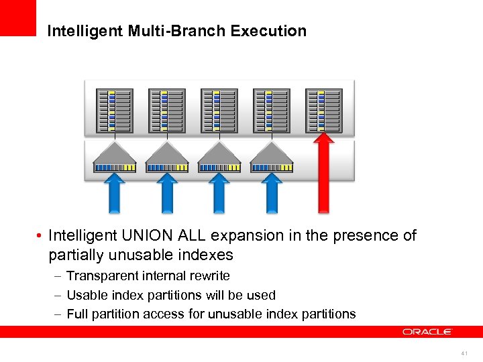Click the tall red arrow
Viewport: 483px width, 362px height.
(x=323, y=174)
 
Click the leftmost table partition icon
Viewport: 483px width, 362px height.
(x=111, y=111)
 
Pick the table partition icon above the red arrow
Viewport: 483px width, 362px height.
(x=323, y=111)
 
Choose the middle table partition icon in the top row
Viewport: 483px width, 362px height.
(x=217, y=111)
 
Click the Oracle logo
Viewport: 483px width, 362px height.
(x=427, y=331)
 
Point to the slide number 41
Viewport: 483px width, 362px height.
(x=464, y=353)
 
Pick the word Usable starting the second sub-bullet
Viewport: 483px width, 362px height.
(x=87, y=295)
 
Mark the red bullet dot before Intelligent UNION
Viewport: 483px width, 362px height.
(x=40, y=236)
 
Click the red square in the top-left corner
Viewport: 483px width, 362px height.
(x=17, y=17)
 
